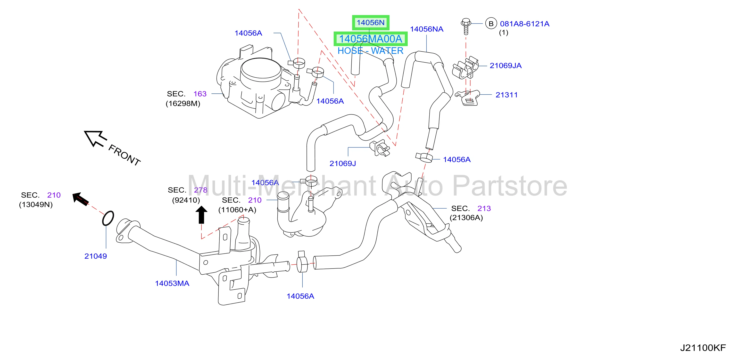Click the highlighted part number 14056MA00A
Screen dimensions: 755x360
tap(371, 39)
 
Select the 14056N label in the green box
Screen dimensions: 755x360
tap(371, 23)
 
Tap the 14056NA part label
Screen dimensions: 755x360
tap(426, 29)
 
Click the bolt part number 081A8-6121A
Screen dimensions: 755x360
tap(525, 24)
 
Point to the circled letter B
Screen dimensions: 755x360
tap(491, 24)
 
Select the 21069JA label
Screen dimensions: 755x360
tap(506, 65)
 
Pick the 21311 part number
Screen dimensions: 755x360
tap(506, 95)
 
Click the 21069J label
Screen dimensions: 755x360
tap(343, 164)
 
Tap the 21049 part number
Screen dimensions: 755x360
tap(96, 256)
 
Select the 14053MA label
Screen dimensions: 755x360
tap(172, 283)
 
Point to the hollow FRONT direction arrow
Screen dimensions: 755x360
tap(95, 138)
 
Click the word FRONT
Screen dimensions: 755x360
tap(124, 155)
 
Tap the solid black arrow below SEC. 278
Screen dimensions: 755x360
tap(201, 215)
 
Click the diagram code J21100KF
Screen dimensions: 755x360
tap(703, 348)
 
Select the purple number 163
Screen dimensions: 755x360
tap(200, 94)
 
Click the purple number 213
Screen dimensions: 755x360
tap(484, 208)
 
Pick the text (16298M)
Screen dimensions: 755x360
tap(183, 103)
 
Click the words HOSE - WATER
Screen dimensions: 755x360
tap(371, 51)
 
